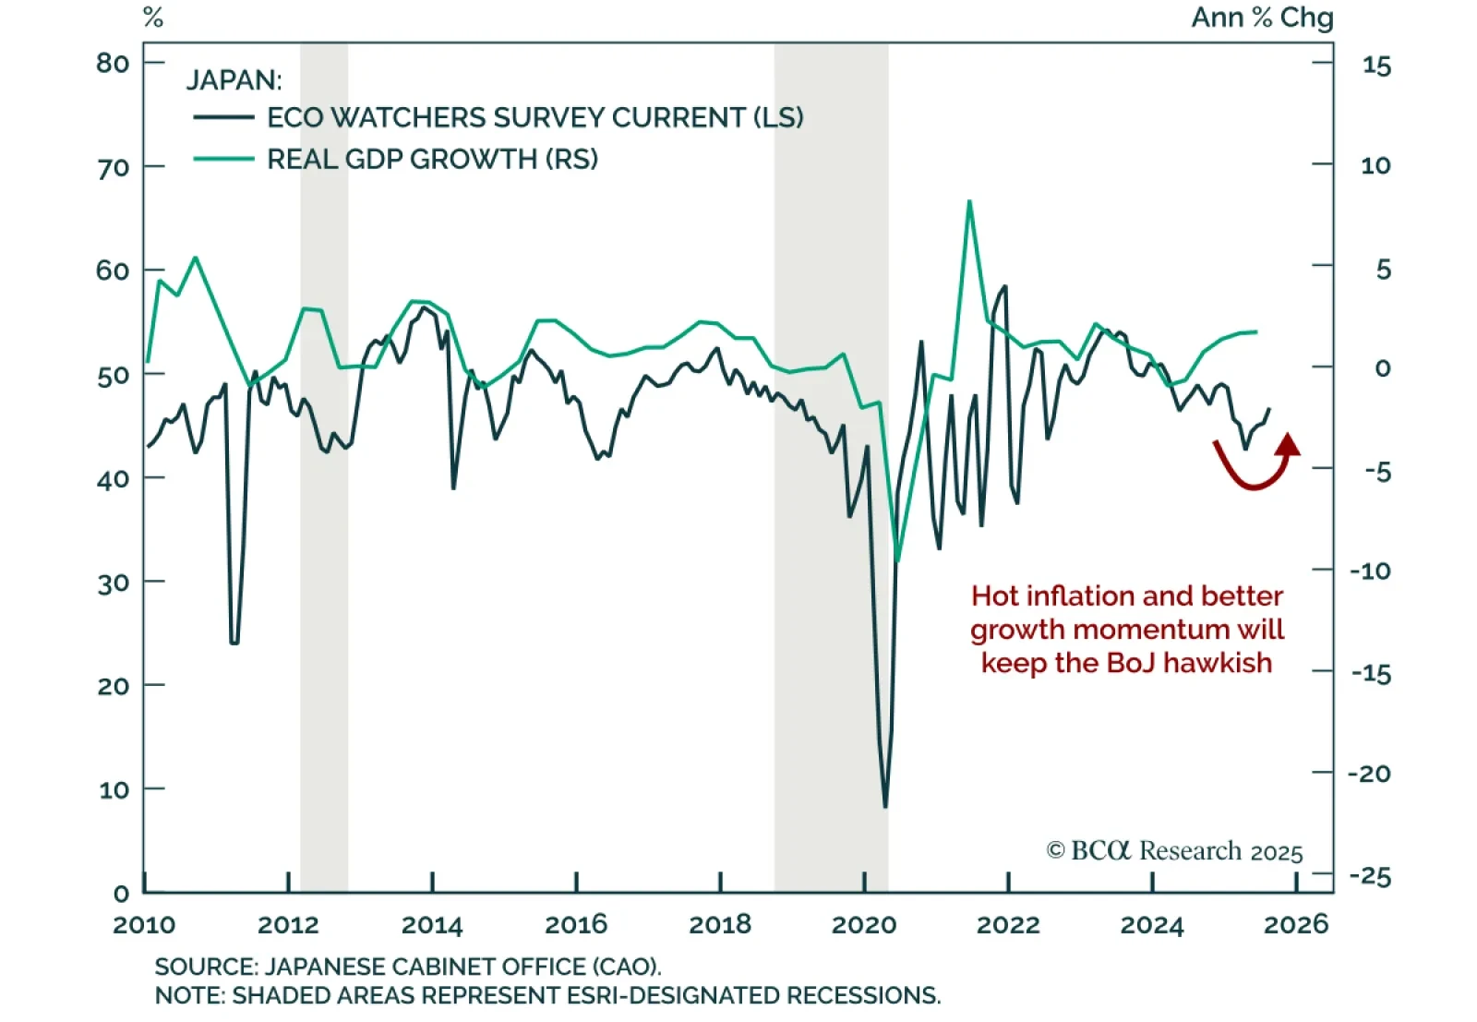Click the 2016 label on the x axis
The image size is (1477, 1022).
tap(576, 924)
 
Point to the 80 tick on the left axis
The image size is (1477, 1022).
tap(113, 63)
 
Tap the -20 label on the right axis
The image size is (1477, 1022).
tap(1369, 774)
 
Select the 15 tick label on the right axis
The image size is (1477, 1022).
tap(1376, 66)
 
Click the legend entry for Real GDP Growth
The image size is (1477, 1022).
tap(432, 159)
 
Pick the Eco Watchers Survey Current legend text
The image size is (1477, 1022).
tap(534, 117)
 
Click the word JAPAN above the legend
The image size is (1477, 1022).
tap(234, 80)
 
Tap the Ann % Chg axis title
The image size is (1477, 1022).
tap(1262, 18)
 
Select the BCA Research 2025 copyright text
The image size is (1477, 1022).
tap(1174, 850)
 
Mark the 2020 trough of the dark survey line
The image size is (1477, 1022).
tap(885, 807)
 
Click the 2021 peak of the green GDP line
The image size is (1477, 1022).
tap(969, 201)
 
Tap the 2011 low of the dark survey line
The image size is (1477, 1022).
tap(234, 642)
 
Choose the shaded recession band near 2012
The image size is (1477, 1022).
tap(324, 462)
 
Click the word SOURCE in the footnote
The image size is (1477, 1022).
tap(204, 967)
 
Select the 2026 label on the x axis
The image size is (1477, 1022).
tap(1296, 924)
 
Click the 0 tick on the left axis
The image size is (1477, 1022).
tap(121, 893)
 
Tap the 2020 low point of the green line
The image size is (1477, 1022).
tap(897, 560)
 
